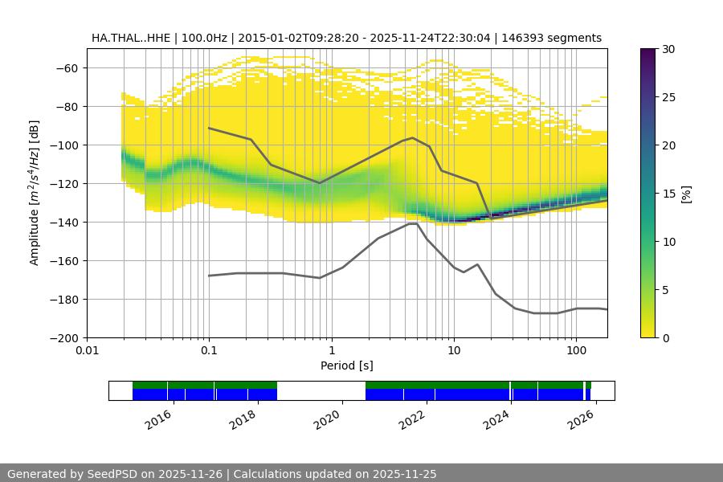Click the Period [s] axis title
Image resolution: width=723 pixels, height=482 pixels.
tap(346, 366)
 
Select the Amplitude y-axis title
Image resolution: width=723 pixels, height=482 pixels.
tap(35, 193)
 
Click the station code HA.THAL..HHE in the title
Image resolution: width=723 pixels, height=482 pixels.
tap(129, 38)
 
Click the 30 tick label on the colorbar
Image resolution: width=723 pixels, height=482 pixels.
tap(668, 49)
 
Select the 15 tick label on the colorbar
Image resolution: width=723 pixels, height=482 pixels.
tap(668, 194)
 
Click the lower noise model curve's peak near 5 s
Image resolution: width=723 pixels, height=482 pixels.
tap(412, 223)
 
